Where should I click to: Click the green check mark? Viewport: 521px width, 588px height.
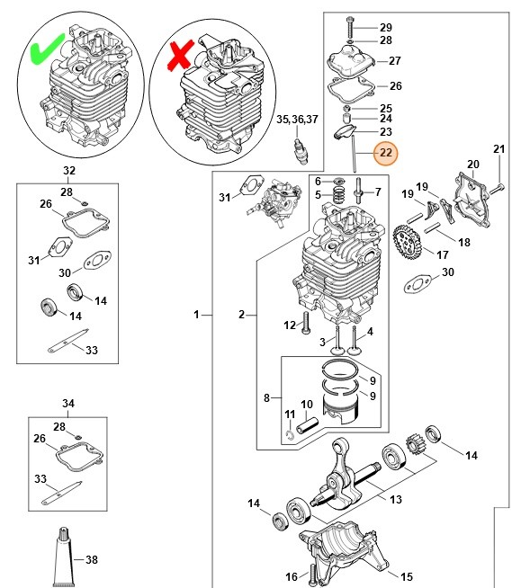(x=45, y=50)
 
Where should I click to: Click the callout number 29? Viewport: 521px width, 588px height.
(x=385, y=26)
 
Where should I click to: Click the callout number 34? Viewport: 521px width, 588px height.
(x=69, y=402)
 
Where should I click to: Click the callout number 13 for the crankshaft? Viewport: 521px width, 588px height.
(x=396, y=499)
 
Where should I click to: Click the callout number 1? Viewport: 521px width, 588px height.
(x=196, y=315)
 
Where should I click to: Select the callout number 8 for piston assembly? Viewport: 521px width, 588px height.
(x=266, y=396)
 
